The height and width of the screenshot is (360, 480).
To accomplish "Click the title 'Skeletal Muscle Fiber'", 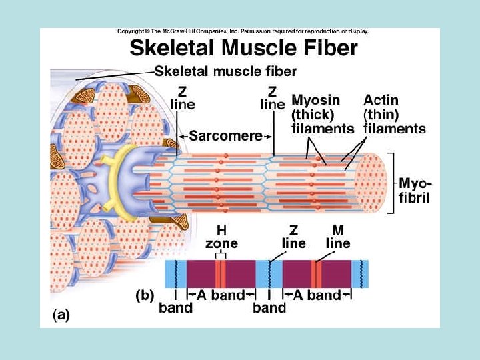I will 243,48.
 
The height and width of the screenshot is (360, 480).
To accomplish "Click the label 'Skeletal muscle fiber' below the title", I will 225,71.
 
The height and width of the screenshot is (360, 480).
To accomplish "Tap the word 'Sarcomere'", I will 226,135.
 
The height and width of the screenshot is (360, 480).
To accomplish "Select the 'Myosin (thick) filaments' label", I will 322,113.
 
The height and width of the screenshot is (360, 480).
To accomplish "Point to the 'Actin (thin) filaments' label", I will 394,113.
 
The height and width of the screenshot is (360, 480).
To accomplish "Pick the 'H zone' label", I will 221,237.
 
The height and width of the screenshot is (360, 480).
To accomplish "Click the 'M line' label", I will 338,237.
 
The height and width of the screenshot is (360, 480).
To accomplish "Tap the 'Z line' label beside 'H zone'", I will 293,237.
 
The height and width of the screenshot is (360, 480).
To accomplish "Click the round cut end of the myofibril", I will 371,182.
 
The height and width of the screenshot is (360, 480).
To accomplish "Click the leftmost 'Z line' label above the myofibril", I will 183,97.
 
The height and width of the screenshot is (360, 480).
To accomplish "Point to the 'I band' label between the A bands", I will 269,301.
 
